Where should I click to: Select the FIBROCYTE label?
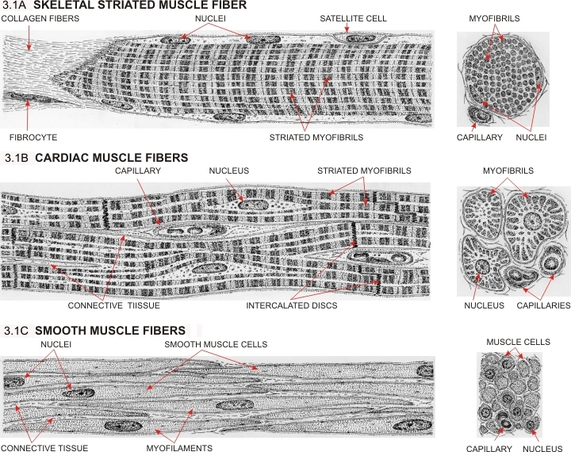click(28, 137)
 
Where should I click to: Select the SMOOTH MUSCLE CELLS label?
click(216, 345)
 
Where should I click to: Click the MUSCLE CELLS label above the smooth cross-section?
click(518, 342)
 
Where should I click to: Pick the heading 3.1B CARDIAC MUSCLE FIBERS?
click(97, 158)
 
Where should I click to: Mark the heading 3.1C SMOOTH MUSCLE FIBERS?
click(95, 330)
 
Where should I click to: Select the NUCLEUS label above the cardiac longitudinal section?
click(229, 170)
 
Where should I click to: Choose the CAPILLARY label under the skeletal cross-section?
click(480, 137)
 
